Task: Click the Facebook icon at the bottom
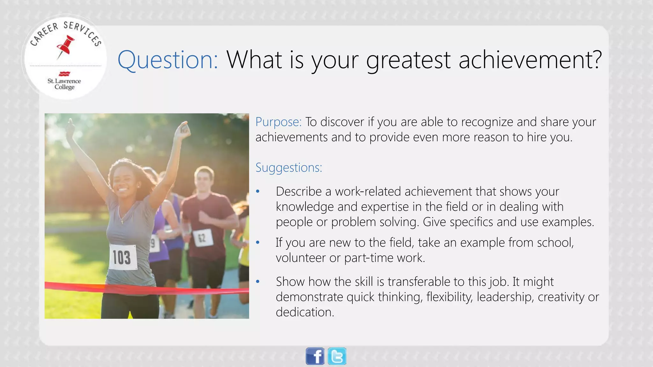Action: point(315,356)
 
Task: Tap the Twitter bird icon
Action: point(337,356)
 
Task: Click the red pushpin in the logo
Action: point(66,47)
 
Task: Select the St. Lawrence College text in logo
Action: point(64,84)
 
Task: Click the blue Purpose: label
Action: point(278,122)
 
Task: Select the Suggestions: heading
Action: point(289,168)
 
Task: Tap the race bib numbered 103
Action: point(122,257)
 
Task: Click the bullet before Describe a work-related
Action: point(258,191)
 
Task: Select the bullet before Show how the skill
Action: point(258,282)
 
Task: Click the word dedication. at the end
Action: point(305,312)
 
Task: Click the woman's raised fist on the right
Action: point(184,130)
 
